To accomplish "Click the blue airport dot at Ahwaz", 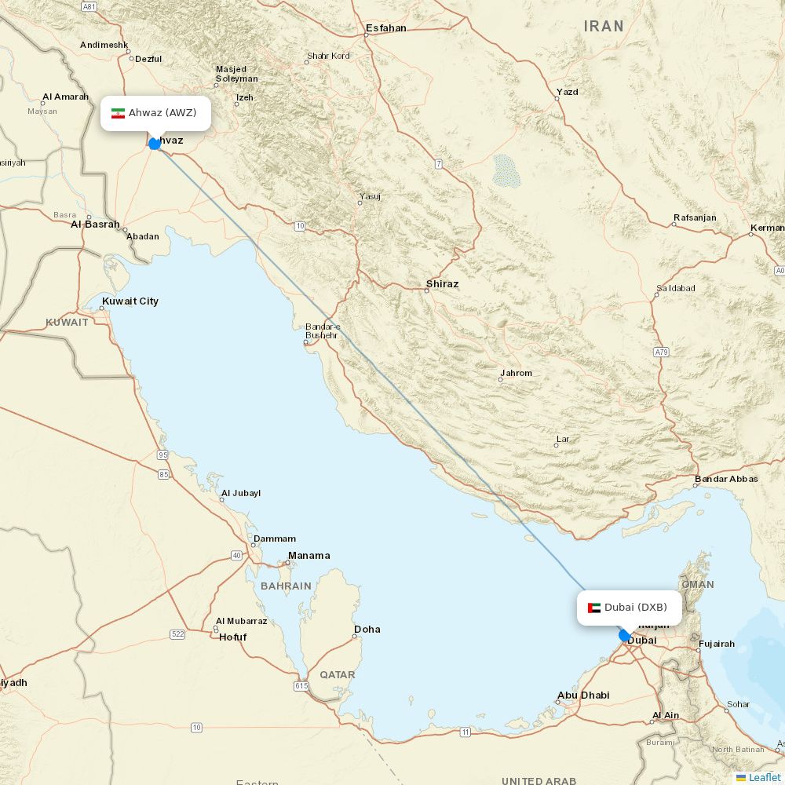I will (x=155, y=144).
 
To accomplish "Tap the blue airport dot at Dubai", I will (x=625, y=635).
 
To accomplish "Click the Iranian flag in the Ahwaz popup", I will (x=118, y=113).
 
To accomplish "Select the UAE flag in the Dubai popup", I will (x=594, y=608).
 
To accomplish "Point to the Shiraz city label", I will (x=442, y=283).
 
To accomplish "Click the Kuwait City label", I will (x=130, y=301).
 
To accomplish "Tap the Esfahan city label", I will (x=385, y=28).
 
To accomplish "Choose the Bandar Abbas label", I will (x=726, y=479).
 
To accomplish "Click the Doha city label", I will (x=367, y=629).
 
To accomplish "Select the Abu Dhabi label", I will (x=582, y=695).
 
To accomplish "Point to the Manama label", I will (x=309, y=556).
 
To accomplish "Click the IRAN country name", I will (x=604, y=26).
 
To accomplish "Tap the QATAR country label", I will (x=337, y=674).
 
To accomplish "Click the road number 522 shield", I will (x=177, y=633).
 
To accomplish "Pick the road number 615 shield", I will (x=301, y=686).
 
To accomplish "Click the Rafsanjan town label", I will (x=695, y=217).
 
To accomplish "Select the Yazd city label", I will (x=567, y=92).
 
